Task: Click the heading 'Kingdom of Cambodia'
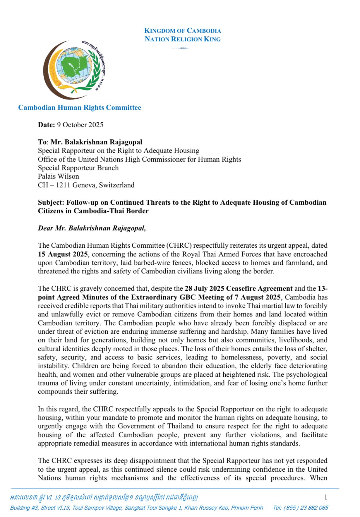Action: pyautogui.click(x=182, y=31)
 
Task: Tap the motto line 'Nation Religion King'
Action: pyautogui.click(x=182, y=39)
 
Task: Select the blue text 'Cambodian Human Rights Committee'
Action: pyautogui.click(x=80, y=108)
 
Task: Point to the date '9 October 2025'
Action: pyautogui.click(x=80, y=125)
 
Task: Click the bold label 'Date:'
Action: pyautogui.click(x=46, y=125)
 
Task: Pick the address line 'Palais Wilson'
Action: pyautogui.click(x=58, y=176)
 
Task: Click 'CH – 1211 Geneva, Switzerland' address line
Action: pyautogui.click(x=86, y=185)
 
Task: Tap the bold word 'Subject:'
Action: pyautogui.click(x=51, y=202)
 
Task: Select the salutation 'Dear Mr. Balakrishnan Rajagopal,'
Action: pyautogui.click(x=92, y=228)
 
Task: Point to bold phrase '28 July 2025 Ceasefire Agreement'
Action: pyautogui.click(x=239, y=289)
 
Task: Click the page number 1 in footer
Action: pyautogui.click(x=325, y=497)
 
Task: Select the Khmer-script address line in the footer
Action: pyautogui.click(x=104, y=497)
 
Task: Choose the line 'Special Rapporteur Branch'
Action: pyautogui.click(x=78, y=168)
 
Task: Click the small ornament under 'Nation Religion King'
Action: pyautogui.click(x=182, y=48)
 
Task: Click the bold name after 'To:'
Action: pyautogui.click(x=96, y=142)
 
